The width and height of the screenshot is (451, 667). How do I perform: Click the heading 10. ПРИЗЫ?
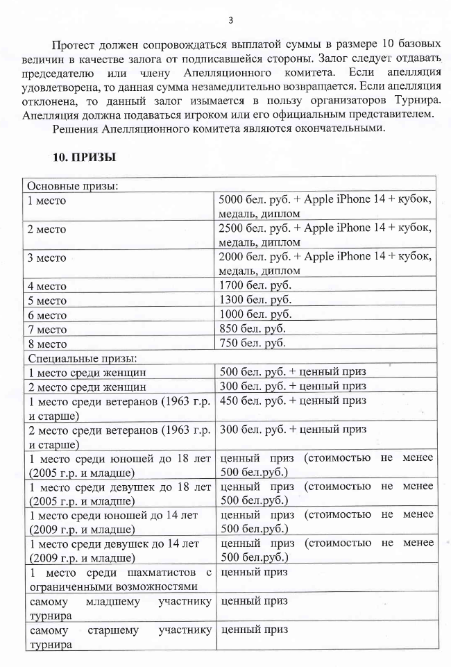[x=84, y=158]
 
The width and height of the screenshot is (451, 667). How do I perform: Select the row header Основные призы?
[x=71, y=186]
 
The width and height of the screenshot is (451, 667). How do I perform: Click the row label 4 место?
[x=46, y=286]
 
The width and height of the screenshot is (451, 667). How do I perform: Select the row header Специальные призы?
[x=81, y=358]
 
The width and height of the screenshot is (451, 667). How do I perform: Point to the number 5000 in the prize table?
[x=230, y=200]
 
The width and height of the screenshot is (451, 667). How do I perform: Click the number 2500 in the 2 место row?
[x=230, y=228]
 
